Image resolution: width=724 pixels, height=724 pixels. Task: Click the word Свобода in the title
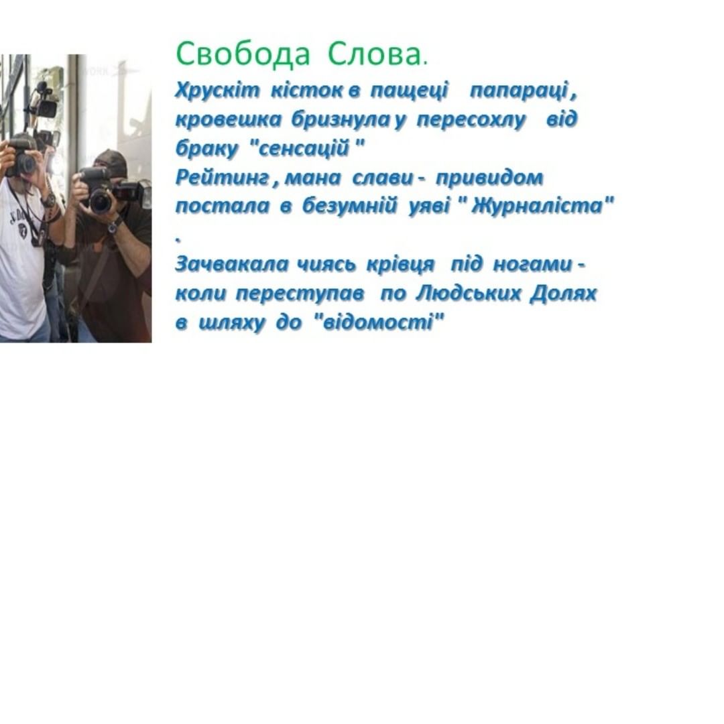coord(243,54)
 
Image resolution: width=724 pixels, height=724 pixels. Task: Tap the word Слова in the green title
coord(374,54)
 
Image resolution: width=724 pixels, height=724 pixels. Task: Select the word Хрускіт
coord(217,90)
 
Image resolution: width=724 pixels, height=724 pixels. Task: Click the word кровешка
coord(228,119)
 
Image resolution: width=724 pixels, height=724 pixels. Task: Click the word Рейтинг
coord(222,178)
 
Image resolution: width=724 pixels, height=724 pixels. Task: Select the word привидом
coord(489,178)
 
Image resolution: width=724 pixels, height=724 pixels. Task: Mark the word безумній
coord(349,206)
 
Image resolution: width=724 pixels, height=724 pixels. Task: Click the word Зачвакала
coord(231,265)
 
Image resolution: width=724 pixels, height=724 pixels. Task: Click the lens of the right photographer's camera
coord(100,201)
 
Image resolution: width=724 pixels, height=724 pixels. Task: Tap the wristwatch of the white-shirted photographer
coord(48,200)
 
